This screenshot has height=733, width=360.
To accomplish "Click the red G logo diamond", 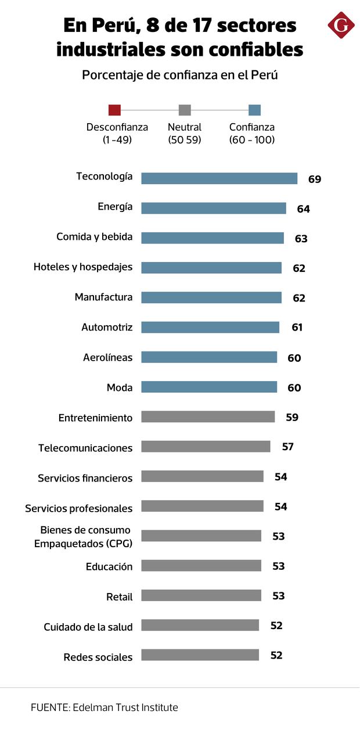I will [341, 25].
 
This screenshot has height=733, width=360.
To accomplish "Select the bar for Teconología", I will [219, 178].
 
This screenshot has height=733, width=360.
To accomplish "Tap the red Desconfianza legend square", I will [114, 110].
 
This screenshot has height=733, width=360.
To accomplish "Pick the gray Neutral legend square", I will [185, 110].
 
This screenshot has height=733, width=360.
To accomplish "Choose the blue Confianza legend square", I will [254, 110].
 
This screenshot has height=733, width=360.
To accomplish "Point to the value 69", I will [315, 179].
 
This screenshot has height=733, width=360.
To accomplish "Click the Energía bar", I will [214, 208].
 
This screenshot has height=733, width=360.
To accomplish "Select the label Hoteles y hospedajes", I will [83, 267].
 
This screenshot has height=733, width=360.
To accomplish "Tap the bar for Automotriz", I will [210, 327].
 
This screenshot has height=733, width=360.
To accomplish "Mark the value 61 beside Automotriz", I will [297, 328].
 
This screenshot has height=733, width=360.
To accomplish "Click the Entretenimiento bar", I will [208, 416].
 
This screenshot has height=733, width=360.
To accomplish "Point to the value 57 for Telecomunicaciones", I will [287, 447].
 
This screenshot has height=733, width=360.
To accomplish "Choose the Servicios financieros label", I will [85, 478].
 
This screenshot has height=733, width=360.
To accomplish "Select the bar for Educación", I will [201, 566].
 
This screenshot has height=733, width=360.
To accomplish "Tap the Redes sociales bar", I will [200, 655].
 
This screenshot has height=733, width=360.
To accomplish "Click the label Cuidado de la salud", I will [88, 627].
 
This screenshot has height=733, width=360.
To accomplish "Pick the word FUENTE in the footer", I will [48, 707].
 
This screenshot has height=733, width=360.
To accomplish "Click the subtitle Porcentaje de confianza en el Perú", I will [180, 76].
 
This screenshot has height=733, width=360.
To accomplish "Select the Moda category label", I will [120, 387].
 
